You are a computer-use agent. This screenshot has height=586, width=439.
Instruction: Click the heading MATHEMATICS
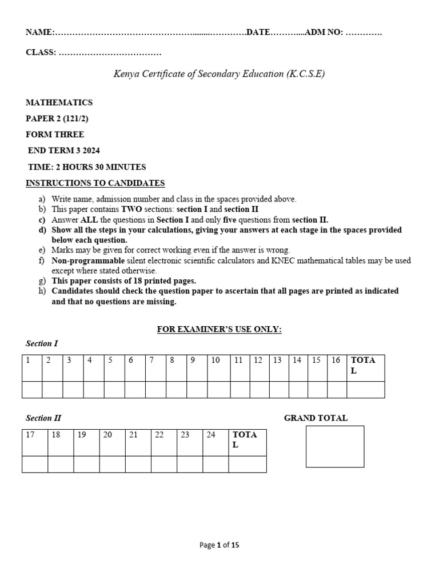(x=59, y=103)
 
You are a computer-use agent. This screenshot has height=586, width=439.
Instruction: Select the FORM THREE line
(x=55, y=135)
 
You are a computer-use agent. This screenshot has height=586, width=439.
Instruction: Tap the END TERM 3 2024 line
(x=64, y=151)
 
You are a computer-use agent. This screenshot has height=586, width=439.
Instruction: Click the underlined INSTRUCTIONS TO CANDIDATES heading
(x=95, y=183)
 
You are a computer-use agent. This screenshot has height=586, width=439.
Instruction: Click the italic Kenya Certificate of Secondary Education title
(x=219, y=74)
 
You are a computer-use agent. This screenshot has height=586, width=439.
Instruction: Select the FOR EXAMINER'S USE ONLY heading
(x=219, y=330)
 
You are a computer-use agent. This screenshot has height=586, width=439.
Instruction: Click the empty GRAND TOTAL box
(x=335, y=446)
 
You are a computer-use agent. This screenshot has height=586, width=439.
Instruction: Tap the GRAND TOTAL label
(x=316, y=418)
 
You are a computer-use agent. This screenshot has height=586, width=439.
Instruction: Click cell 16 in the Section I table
(x=336, y=368)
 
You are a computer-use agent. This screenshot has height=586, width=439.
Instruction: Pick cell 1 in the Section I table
(x=32, y=368)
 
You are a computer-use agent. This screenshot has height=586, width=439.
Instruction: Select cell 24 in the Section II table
(x=215, y=442)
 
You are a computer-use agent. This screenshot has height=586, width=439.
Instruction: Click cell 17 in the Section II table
(x=35, y=442)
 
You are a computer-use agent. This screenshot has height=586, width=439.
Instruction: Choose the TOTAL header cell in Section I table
(x=365, y=368)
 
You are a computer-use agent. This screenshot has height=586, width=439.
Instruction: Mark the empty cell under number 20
(x=112, y=464)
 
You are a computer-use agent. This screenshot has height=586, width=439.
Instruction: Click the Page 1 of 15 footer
(x=219, y=545)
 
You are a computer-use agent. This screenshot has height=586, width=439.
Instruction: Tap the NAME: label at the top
(x=39, y=33)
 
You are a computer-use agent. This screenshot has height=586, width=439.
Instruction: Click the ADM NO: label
(x=324, y=33)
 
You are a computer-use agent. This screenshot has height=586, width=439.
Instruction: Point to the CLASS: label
(x=41, y=53)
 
